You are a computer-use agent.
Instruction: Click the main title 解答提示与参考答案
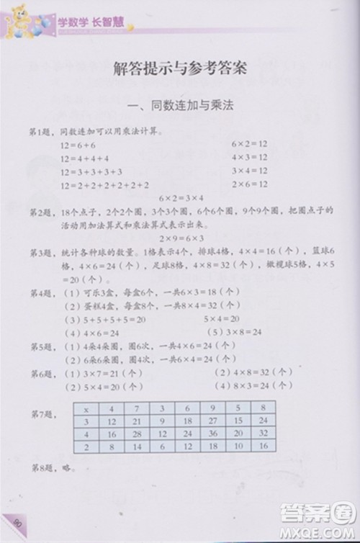pos(181,70)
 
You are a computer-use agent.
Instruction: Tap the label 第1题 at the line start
pos(42,133)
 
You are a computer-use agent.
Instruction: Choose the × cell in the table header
pos(86,408)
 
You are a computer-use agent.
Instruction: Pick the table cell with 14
pos(138,447)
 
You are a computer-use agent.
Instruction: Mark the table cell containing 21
pos(138,421)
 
